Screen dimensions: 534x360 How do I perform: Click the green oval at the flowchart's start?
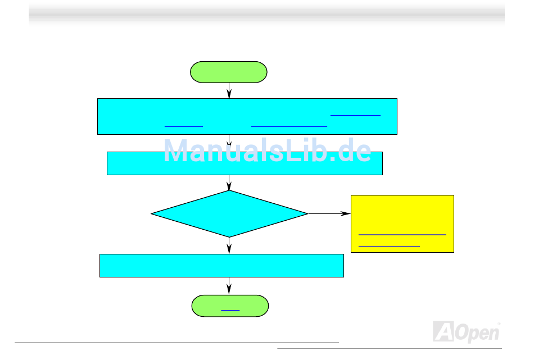tap(229, 72)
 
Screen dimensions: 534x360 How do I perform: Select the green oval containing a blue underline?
tap(230, 306)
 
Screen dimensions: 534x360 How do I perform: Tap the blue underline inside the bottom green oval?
tap(230, 310)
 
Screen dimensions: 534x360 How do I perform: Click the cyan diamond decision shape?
tap(229, 213)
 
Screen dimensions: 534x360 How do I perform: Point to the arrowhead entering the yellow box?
tap(346, 214)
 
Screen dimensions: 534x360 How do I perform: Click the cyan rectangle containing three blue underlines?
tap(247, 116)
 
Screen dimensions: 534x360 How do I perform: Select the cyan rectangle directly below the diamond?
tap(221, 266)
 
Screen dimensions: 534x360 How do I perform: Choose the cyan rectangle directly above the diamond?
tap(245, 163)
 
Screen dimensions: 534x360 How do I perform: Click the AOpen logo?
tap(466, 331)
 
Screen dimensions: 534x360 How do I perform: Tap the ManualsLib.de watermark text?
tap(267, 152)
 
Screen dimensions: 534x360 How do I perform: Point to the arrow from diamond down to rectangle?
tap(229, 246)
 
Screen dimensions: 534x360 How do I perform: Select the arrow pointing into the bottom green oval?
tap(229, 286)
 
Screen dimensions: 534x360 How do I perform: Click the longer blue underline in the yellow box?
tap(402, 234)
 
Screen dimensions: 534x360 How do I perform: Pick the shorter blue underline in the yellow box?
tap(389, 246)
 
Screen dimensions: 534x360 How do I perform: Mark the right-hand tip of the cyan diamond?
tap(307, 213)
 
